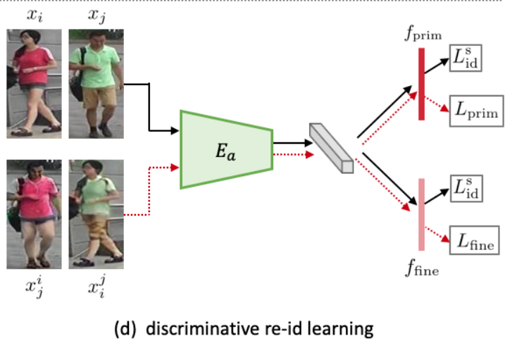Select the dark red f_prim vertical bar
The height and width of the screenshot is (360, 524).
click(421, 84)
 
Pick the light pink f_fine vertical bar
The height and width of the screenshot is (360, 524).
click(421, 214)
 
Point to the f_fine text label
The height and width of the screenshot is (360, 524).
click(422, 268)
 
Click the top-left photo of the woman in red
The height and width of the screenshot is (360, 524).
click(34, 83)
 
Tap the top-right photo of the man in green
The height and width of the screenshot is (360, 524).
click(96, 83)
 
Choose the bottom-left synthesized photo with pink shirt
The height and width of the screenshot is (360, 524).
click(34, 214)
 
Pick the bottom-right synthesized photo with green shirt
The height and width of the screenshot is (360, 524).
click(96, 214)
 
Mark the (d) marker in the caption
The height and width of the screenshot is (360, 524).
click(125, 329)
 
